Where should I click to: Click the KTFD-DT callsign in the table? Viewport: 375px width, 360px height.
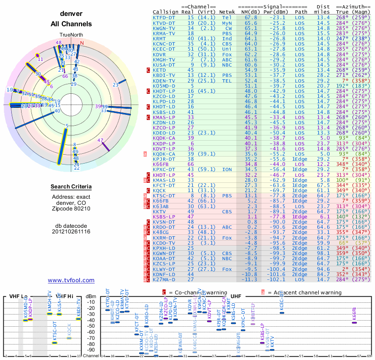pos(164,18)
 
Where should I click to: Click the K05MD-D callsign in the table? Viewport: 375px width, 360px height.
pos(164,85)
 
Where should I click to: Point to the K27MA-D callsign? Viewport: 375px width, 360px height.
pos(164,279)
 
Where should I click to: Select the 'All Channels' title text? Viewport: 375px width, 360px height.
pos(71,24)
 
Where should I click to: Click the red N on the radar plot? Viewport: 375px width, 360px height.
pos(82,43)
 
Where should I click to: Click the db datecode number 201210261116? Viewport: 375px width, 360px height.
pos(71,232)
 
